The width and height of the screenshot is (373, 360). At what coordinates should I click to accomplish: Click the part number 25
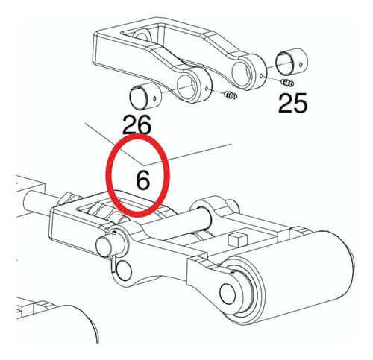tap(292, 104)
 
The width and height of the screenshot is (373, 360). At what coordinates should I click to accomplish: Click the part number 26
tap(137, 124)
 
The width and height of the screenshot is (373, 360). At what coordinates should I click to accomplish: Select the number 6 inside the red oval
tap(143, 180)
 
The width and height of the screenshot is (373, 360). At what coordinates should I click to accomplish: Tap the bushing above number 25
tap(292, 62)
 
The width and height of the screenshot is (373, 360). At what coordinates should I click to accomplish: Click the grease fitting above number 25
tap(287, 83)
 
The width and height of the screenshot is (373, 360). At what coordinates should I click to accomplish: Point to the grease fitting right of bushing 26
tap(231, 95)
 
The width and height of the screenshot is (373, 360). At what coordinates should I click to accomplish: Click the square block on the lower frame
tap(238, 240)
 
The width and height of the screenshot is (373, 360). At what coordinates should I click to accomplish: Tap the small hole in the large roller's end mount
tap(228, 294)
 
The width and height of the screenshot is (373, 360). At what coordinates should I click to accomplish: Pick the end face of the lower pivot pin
tap(104, 247)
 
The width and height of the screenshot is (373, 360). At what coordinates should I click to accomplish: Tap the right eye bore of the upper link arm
tap(242, 72)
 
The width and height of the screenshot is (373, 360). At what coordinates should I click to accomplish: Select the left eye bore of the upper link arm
tap(187, 86)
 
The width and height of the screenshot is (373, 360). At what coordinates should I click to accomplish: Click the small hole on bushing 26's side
tap(154, 99)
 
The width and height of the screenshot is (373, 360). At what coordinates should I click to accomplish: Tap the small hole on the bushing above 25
tap(301, 64)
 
